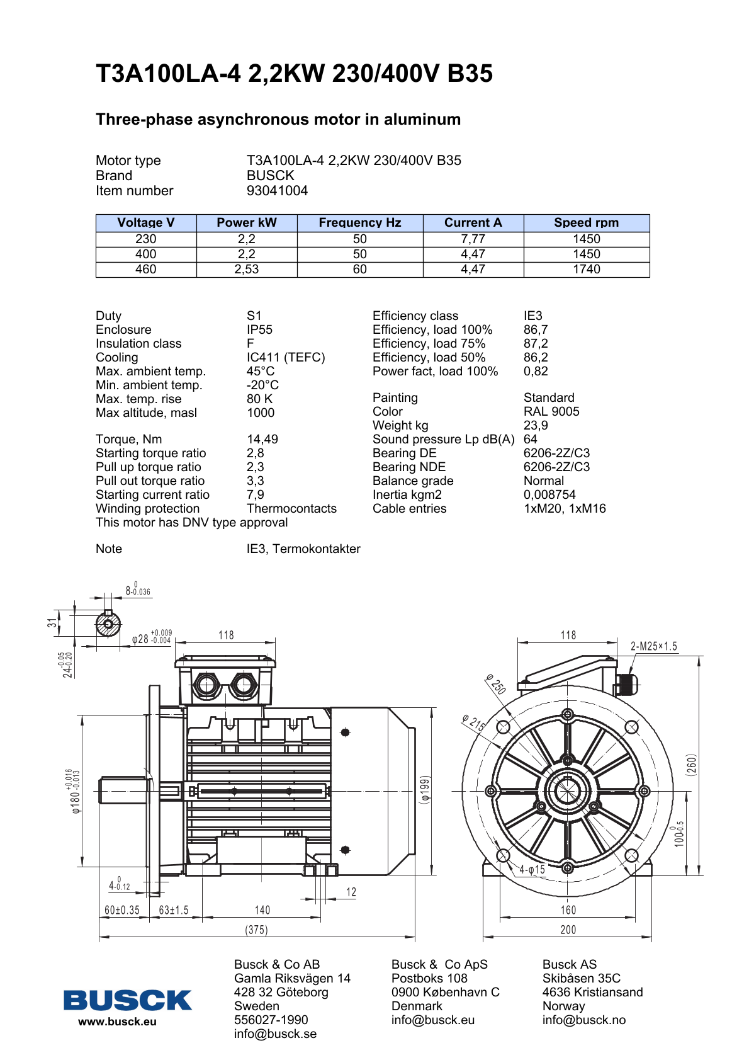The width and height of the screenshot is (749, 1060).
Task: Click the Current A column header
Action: coord(473,223)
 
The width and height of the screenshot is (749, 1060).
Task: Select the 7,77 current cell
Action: coord(473,239)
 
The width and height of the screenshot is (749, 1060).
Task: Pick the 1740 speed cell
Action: coord(586,270)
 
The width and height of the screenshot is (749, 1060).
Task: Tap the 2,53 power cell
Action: coord(247,270)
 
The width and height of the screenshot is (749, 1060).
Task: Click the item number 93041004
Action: coord(277,191)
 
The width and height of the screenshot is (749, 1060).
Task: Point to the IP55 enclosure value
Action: coord(259,330)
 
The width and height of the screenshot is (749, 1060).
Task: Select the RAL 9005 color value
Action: coord(551,412)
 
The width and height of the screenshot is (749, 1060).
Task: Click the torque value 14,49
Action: coord(262,440)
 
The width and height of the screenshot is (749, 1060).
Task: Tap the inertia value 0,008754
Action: coord(549,495)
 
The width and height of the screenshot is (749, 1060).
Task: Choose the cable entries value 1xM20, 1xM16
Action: coord(565,509)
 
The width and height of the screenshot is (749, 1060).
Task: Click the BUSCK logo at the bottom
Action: coord(127,1000)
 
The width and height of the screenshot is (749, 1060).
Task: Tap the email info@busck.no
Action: coord(584,1020)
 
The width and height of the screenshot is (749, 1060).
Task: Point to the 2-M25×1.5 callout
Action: coord(654,647)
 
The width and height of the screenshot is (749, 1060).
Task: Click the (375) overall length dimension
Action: coord(256,930)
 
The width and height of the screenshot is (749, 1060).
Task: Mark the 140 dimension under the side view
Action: coord(262,910)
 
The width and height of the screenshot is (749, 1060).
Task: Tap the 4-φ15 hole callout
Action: coord(532,870)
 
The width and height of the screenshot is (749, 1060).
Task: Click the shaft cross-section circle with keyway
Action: coord(108,625)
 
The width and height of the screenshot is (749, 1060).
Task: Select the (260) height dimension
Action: coord(692,765)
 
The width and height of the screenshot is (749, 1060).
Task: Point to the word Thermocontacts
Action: coord(291,509)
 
